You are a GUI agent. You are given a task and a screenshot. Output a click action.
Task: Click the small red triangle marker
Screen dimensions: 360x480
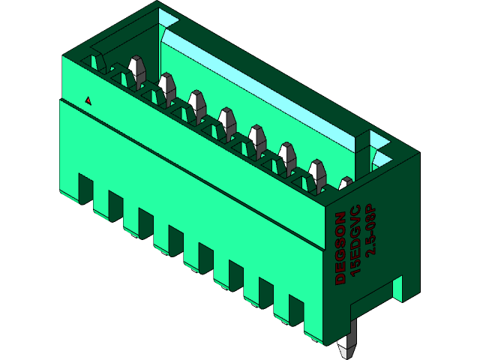coord(88,100)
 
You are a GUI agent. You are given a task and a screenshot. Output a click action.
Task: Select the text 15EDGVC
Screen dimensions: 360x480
coord(355,238)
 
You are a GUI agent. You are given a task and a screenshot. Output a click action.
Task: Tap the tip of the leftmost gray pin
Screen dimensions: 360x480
coord(136,63)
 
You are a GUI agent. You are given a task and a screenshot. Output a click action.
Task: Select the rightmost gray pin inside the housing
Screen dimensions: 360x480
coord(345,183)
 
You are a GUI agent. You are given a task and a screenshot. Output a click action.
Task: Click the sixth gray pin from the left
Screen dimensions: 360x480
coord(286,153)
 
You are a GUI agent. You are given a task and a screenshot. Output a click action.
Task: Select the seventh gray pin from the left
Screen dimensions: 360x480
coord(316,170)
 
